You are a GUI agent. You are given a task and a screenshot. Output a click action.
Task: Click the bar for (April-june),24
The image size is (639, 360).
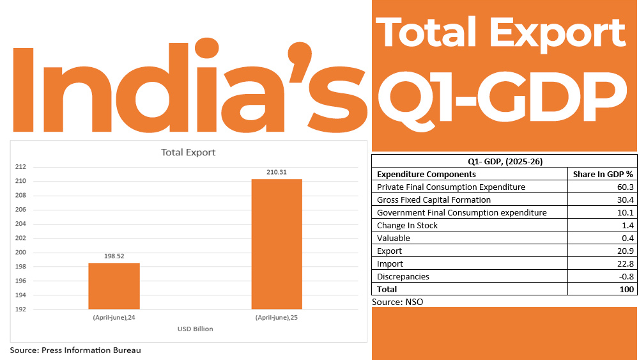coord(114,286)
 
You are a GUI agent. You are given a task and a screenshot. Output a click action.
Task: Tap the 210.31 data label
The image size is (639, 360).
coord(277,172)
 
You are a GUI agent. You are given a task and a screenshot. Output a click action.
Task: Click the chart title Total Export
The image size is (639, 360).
coord(188,153)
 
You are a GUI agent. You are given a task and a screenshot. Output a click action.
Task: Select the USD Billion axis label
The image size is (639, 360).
coord(195,329)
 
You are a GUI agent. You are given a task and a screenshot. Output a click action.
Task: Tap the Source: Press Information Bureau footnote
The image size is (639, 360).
coord(75,350)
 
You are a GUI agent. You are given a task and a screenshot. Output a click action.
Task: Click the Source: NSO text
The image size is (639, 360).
coord(397,301)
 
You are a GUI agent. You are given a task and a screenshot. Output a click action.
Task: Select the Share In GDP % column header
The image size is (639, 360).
coord(603,174)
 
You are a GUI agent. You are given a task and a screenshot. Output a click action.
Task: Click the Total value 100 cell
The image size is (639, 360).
coord(626,289)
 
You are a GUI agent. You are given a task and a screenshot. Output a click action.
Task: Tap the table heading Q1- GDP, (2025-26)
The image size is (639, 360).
coord(505,162)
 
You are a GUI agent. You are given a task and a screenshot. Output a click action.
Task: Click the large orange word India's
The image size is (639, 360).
coord(190,88)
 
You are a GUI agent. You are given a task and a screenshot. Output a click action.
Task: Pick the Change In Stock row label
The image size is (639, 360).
coord(408,225)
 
